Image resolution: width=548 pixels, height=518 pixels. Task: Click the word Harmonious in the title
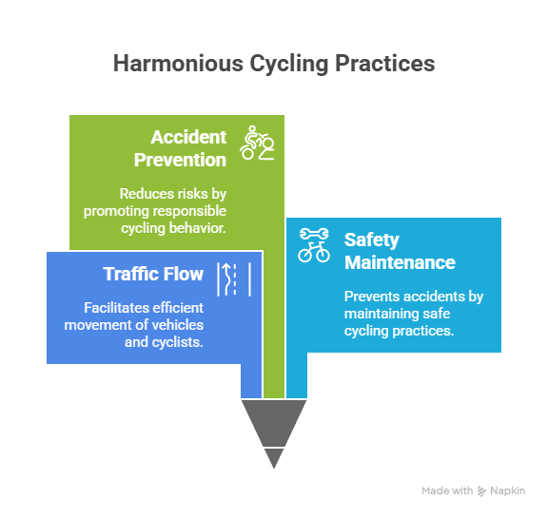click(178, 63)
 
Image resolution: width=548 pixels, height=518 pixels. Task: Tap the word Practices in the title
click(384, 63)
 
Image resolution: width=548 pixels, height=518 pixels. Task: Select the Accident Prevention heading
click(181, 148)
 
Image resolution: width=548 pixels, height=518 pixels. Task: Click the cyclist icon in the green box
click(257, 143)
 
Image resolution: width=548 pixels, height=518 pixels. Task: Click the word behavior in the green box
click(198, 228)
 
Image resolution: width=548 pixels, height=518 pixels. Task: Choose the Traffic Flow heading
click(153, 274)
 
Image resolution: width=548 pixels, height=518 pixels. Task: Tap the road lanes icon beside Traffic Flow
click(234, 279)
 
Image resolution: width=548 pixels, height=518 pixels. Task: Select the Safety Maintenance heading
click(400, 251)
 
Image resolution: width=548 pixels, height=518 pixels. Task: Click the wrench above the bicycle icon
click(314, 234)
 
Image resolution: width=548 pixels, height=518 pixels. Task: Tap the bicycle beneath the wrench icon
click(314, 252)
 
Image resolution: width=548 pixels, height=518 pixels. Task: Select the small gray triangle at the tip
click(274, 456)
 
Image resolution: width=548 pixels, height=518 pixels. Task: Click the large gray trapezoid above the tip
click(274, 421)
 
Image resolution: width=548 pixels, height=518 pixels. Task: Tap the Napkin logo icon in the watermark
click(482, 490)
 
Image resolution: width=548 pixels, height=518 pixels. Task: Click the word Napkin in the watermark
click(507, 490)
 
